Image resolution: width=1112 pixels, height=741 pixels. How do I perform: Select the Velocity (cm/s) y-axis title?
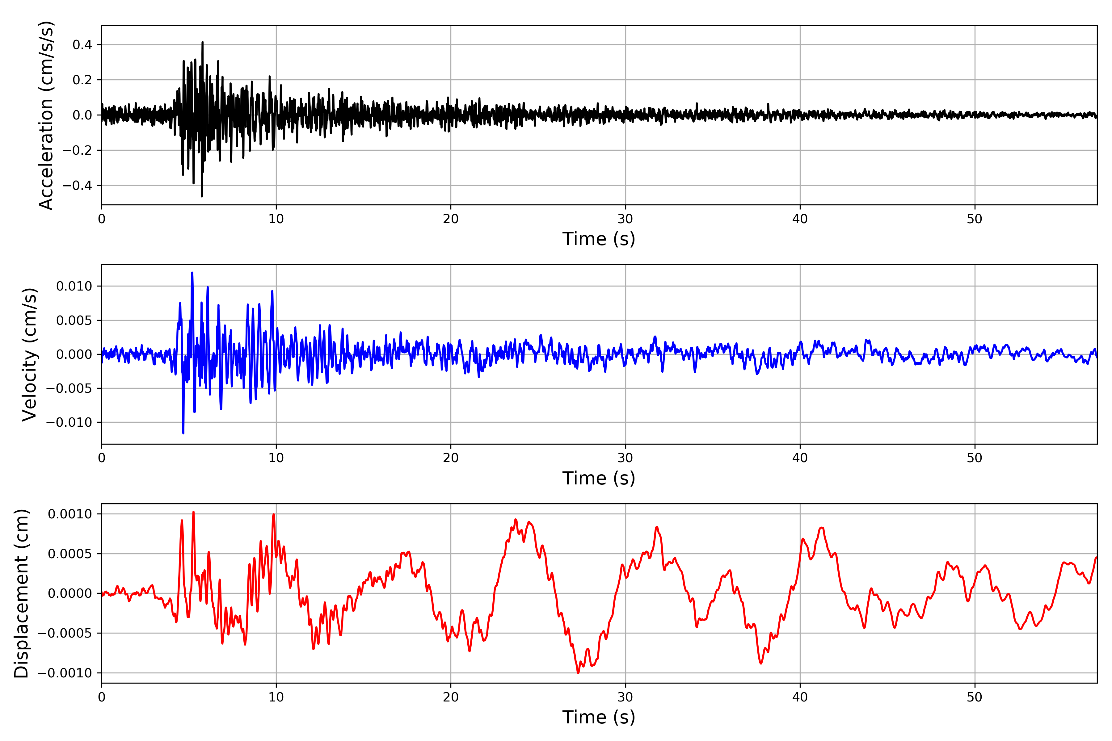click(29, 354)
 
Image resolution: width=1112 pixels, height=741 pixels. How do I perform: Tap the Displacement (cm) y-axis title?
click(21, 593)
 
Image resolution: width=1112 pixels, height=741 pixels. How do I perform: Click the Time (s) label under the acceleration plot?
click(599, 239)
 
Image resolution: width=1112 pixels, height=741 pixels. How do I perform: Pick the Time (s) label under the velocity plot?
click(599, 478)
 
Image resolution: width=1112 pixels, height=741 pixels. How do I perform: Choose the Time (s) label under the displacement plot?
click(599, 717)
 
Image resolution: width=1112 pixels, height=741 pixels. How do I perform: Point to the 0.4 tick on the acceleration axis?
click(82, 45)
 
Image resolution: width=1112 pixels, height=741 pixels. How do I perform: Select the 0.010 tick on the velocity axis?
click(74, 287)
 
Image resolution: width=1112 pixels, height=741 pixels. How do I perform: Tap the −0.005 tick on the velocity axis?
click(69, 388)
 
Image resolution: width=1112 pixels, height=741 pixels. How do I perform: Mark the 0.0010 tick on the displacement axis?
click(70, 514)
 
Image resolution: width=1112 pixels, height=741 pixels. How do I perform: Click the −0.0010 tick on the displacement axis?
click(65, 673)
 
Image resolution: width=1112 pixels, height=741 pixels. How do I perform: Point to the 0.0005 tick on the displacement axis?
click(70, 554)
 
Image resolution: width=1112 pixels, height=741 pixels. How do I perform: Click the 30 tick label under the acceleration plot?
click(625, 219)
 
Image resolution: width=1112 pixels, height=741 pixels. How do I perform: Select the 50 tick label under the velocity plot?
click(975, 458)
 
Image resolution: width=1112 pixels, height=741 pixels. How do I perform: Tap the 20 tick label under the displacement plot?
click(451, 697)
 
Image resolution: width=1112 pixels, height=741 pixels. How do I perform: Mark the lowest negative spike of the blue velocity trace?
click(183, 433)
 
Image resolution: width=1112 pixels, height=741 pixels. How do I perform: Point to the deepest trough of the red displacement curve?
click(578, 672)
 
